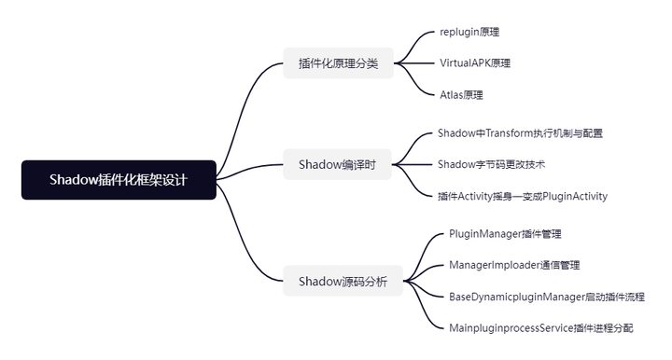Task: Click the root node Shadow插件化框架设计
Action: (119, 180)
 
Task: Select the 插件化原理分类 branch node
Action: (338, 63)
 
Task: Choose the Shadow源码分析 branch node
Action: (343, 281)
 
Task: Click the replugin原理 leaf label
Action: (469, 32)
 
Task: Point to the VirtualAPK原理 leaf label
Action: (475, 63)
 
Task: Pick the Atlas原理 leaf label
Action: (461, 94)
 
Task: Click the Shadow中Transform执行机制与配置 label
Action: (520, 133)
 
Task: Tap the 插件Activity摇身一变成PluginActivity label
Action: (523, 196)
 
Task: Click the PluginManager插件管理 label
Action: (505, 234)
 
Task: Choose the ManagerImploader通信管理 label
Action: (514, 265)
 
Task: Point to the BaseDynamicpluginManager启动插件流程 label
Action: (547, 297)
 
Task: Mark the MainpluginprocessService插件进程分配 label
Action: (541, 327)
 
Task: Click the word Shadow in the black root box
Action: (73, 180)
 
